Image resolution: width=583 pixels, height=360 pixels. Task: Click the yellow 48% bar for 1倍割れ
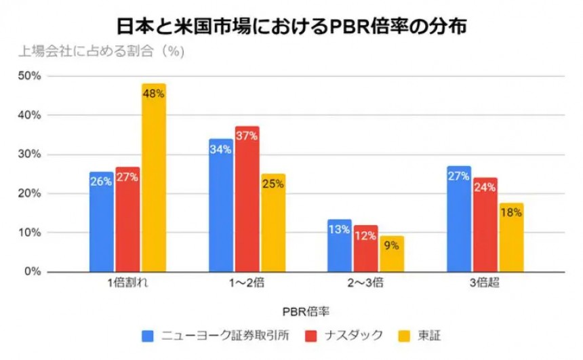coord(153,178)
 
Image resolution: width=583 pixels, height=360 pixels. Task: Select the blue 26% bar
coord(101,222)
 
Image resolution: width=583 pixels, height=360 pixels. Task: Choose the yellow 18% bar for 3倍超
coord(511,237)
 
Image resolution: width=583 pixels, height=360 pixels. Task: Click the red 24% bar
coord(485,224)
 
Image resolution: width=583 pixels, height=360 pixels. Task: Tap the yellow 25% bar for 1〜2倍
coord(273,222)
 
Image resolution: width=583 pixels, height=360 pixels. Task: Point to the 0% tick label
coord(33,272)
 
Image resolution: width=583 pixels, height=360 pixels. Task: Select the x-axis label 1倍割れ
coord(127,284)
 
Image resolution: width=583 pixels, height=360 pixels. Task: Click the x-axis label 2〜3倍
coord(365,284)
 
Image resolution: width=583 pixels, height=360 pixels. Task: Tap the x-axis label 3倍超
coord(485,284)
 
